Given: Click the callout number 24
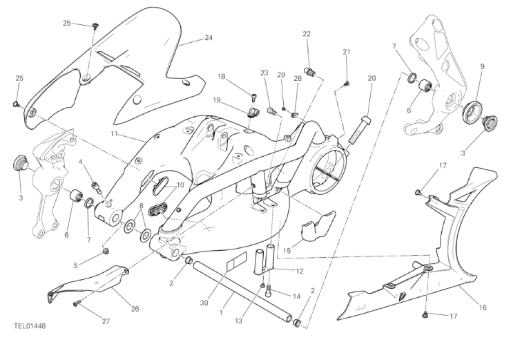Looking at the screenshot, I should (208, 39).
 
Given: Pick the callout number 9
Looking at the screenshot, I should (482, 66).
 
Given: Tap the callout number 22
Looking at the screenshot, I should (307, 34).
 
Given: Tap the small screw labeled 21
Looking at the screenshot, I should (345, 84).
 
